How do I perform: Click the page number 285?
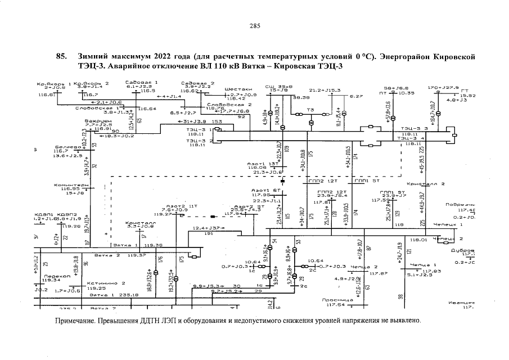254,26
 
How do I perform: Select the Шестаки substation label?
238,89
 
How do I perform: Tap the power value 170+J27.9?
443,88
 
